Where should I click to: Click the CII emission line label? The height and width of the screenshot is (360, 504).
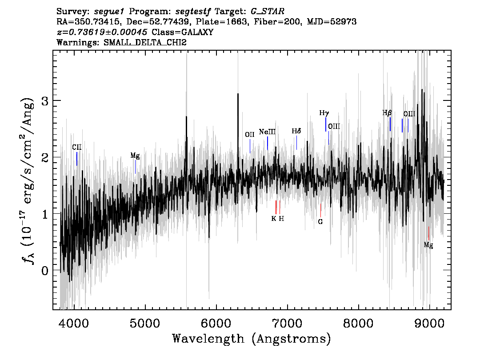pyautogui.click(x=77, y=147)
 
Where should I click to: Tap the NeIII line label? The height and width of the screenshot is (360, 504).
pyautogui.click(x=267, y=132)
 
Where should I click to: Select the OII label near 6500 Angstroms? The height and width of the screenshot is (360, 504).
pyautogui.click(x=250, y=134)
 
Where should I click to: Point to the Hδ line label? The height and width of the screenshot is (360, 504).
pyautogui.click(x=296, y=131)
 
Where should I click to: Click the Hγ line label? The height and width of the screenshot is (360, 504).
pyautogui.click(x=324, y=113)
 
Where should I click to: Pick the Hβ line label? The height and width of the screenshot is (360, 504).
pyautogui.click(x=387, y=113)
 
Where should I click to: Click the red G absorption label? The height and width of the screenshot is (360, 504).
pyautogui.click(x=320, y=222)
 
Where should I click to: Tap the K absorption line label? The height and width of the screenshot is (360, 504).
pyautogui.click(x=273, y=219)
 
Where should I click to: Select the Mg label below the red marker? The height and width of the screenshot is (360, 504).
pyautogui.click(x=428, y=245)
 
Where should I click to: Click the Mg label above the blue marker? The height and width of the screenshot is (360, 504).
pyautogui.click(x=135, y=156)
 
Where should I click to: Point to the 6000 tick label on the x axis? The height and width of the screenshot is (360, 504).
pyautogui.click(x=216, y=323)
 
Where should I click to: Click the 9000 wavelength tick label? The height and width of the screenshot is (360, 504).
pyautogui.click(x=429, y=323)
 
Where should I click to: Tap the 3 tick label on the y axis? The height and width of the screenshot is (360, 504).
pyautogui.click(x=45, y=101)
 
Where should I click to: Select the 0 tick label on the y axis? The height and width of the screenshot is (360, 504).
pyautogui.click(x=45, y=271)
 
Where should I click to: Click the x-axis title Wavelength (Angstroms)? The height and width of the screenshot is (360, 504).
pyautogui.click(x=252, y=339)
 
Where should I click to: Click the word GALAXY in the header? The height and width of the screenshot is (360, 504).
pyautogui.click(x=197, y=32)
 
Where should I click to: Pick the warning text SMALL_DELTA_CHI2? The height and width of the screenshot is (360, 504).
pyautogui.click(x=145, y=42)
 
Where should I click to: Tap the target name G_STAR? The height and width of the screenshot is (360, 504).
pyautogui.click(x=268, y=12)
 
